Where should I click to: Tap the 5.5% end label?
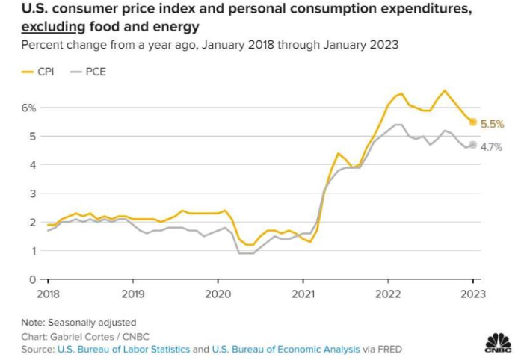pos(492,124)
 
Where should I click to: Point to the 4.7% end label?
pos(490,147)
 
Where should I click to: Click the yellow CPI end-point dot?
pos(472,122)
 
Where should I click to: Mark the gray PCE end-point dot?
pos(472,145)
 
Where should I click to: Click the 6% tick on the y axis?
pos(28,108)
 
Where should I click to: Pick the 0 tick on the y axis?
pos(32,279)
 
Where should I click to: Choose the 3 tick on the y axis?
pos(32,193)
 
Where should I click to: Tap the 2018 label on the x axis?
pos(48,293)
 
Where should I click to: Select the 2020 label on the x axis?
pos(218,293)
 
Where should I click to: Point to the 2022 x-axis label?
pos(387,293)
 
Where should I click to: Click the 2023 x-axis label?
pos(472,293)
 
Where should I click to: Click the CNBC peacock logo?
pos(498,342)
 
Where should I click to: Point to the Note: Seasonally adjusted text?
pos(78,322)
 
